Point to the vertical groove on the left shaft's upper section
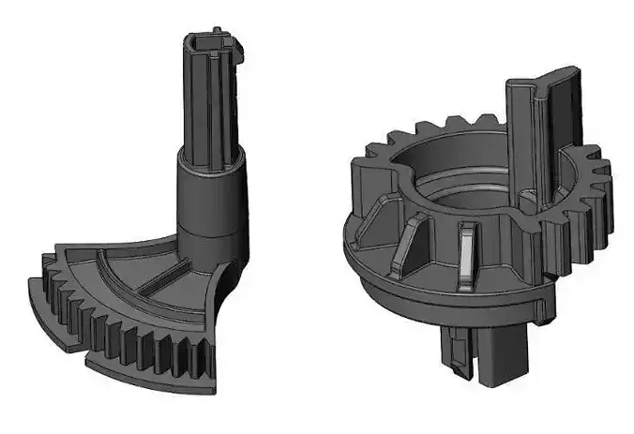pyautogui.click(x=208, y=103)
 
